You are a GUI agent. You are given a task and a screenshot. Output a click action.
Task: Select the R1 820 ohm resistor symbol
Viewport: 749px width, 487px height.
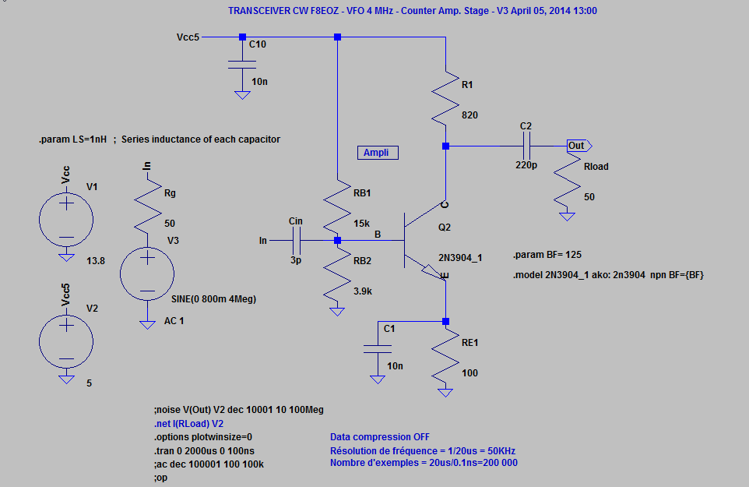click(x=445, y=98)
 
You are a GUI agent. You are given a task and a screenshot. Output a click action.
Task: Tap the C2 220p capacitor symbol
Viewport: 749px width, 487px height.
click(x=526, y=146)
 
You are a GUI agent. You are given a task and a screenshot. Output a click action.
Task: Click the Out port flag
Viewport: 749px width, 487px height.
click(x=578, y=146)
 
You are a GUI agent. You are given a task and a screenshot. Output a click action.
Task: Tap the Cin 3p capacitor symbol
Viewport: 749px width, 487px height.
click(x=296, y=241)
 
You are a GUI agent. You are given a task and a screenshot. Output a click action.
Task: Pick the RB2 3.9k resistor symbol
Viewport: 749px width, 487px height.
click(x=337, y=276)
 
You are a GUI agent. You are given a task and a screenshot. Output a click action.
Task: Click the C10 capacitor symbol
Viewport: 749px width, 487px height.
click(x=242, y=63)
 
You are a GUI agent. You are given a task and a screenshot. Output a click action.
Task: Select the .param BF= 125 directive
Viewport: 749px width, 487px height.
click(x=547, y=255)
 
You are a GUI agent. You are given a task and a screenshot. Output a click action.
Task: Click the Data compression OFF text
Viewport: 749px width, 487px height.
click(x=379, y=437)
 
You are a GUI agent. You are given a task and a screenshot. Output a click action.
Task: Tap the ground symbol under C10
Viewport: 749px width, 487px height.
click(x=242, y=95)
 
